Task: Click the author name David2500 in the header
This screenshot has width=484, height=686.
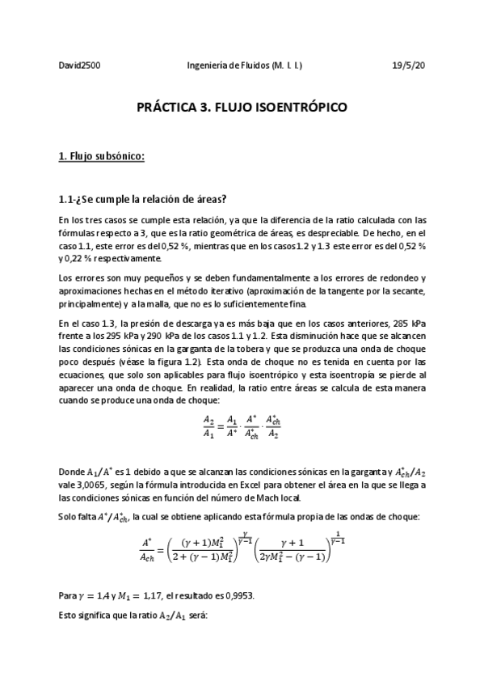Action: click(x=79, y=66)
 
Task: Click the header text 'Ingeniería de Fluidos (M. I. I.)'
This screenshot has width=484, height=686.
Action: click(x=245, y=66)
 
